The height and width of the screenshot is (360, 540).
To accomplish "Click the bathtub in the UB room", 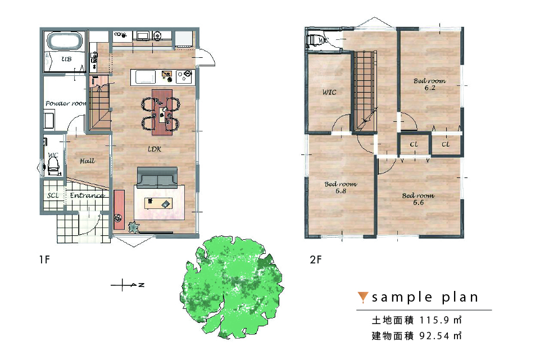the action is coord(65,41).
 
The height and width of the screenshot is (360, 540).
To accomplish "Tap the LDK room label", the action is coord(155,149).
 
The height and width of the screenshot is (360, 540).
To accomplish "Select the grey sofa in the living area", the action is coord(157,177).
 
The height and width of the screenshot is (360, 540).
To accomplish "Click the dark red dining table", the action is coord(162,112).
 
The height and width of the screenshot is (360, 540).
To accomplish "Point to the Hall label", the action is coord(87,161).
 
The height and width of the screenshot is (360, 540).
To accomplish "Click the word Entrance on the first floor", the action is coord(87,195).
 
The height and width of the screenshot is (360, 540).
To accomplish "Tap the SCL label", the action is coord(53,195).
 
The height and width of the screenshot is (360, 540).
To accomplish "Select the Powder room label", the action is coord(65,103).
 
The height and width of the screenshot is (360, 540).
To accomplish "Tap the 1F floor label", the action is coord(44,259).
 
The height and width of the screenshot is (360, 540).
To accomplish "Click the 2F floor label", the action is coord(315,259).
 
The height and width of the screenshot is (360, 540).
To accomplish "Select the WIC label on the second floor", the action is coord(329,92).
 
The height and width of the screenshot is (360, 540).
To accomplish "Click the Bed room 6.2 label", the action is coord(429,84).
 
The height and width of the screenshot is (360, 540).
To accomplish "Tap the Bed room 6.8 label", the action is coord(341,188).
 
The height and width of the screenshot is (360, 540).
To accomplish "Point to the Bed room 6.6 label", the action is coord(418,199).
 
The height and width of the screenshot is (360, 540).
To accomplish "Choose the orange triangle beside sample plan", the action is coord(362,297).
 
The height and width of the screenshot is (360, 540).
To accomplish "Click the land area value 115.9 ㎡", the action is coord(441,320).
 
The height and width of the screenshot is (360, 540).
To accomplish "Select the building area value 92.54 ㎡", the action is coord(441,335).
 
